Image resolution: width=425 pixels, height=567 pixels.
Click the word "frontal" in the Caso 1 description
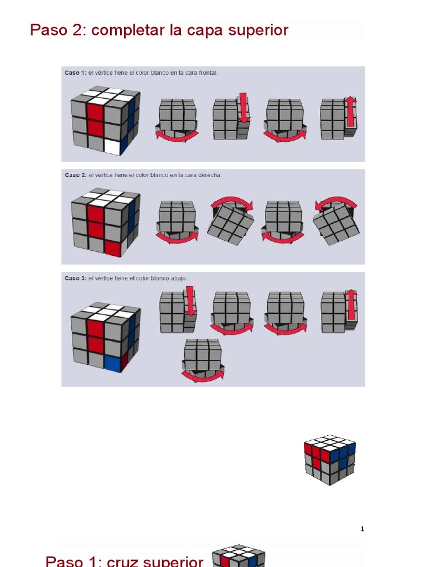[208, 73]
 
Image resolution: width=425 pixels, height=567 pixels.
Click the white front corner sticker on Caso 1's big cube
[112, 147]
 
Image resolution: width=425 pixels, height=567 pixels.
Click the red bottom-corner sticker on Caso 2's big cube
[112, 249]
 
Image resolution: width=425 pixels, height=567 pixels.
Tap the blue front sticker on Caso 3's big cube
[112, 363]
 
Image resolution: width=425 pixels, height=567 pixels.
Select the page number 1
[362, 529]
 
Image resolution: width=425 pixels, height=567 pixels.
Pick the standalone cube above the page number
[329, 458]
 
